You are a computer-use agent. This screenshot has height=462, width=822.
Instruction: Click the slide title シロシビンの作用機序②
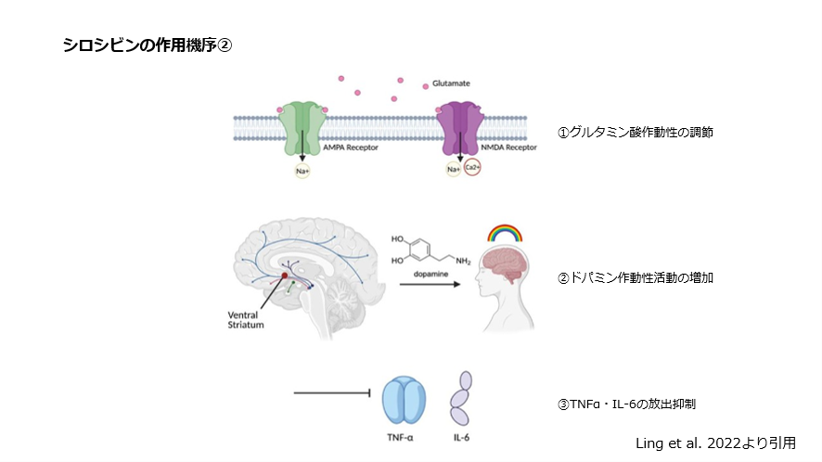[x=147, y=45]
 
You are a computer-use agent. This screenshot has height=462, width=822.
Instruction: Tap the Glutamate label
[x=452, y=83]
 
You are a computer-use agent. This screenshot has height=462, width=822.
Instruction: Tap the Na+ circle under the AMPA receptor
[x=300, y=170]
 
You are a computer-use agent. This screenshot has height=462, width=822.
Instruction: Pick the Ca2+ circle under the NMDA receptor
[x=471, y=170]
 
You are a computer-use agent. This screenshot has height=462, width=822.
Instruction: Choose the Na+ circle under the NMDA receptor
[x=454, y=170]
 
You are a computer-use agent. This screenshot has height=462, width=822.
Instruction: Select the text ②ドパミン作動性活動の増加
[x=636, y=277]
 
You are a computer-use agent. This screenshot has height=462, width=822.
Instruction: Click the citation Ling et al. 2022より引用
[x=714, y=443]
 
